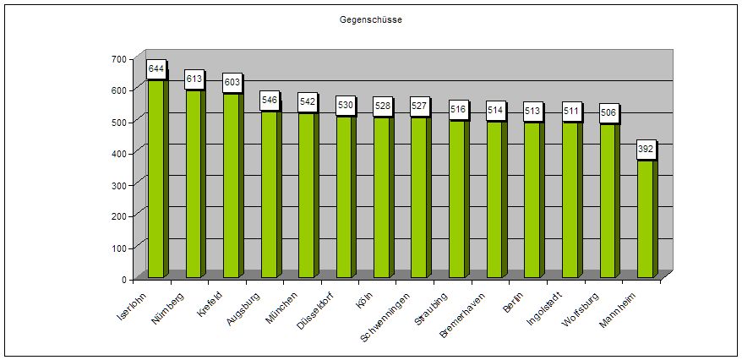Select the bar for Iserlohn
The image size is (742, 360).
156,177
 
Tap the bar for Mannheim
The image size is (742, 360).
645,220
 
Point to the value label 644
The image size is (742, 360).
156,68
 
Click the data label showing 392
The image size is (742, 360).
646,149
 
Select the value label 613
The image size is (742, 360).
194,79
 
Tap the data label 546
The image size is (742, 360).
270,100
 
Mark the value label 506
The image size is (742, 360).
608,112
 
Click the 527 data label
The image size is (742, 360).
420,106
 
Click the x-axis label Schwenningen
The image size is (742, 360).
387,315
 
